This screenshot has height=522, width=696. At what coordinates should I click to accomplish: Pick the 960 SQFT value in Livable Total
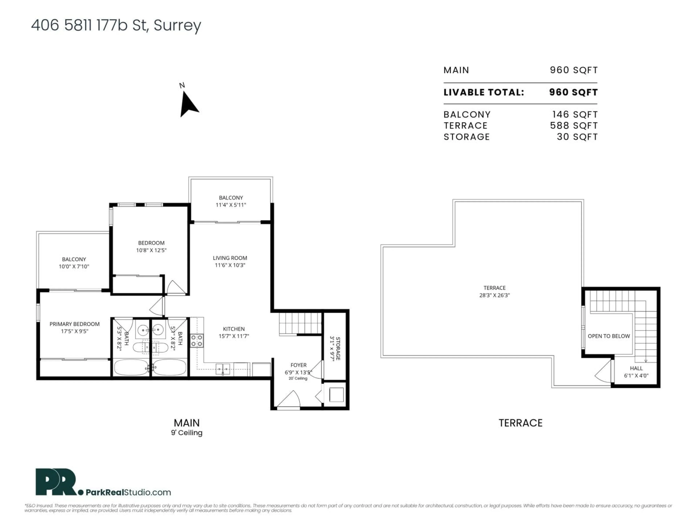pyautogui.click(x=573, y=92)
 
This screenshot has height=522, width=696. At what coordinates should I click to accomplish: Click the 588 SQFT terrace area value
pyautogui.click(x=574, y=126)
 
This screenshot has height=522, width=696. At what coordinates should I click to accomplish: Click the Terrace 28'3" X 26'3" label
pyautogui.click(x=494, y=292)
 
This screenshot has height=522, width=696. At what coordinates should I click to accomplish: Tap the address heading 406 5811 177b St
pyautogui.click(x=116, y=26)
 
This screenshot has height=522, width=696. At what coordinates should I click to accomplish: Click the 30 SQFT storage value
pyautogui.click(x=577, y=137)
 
